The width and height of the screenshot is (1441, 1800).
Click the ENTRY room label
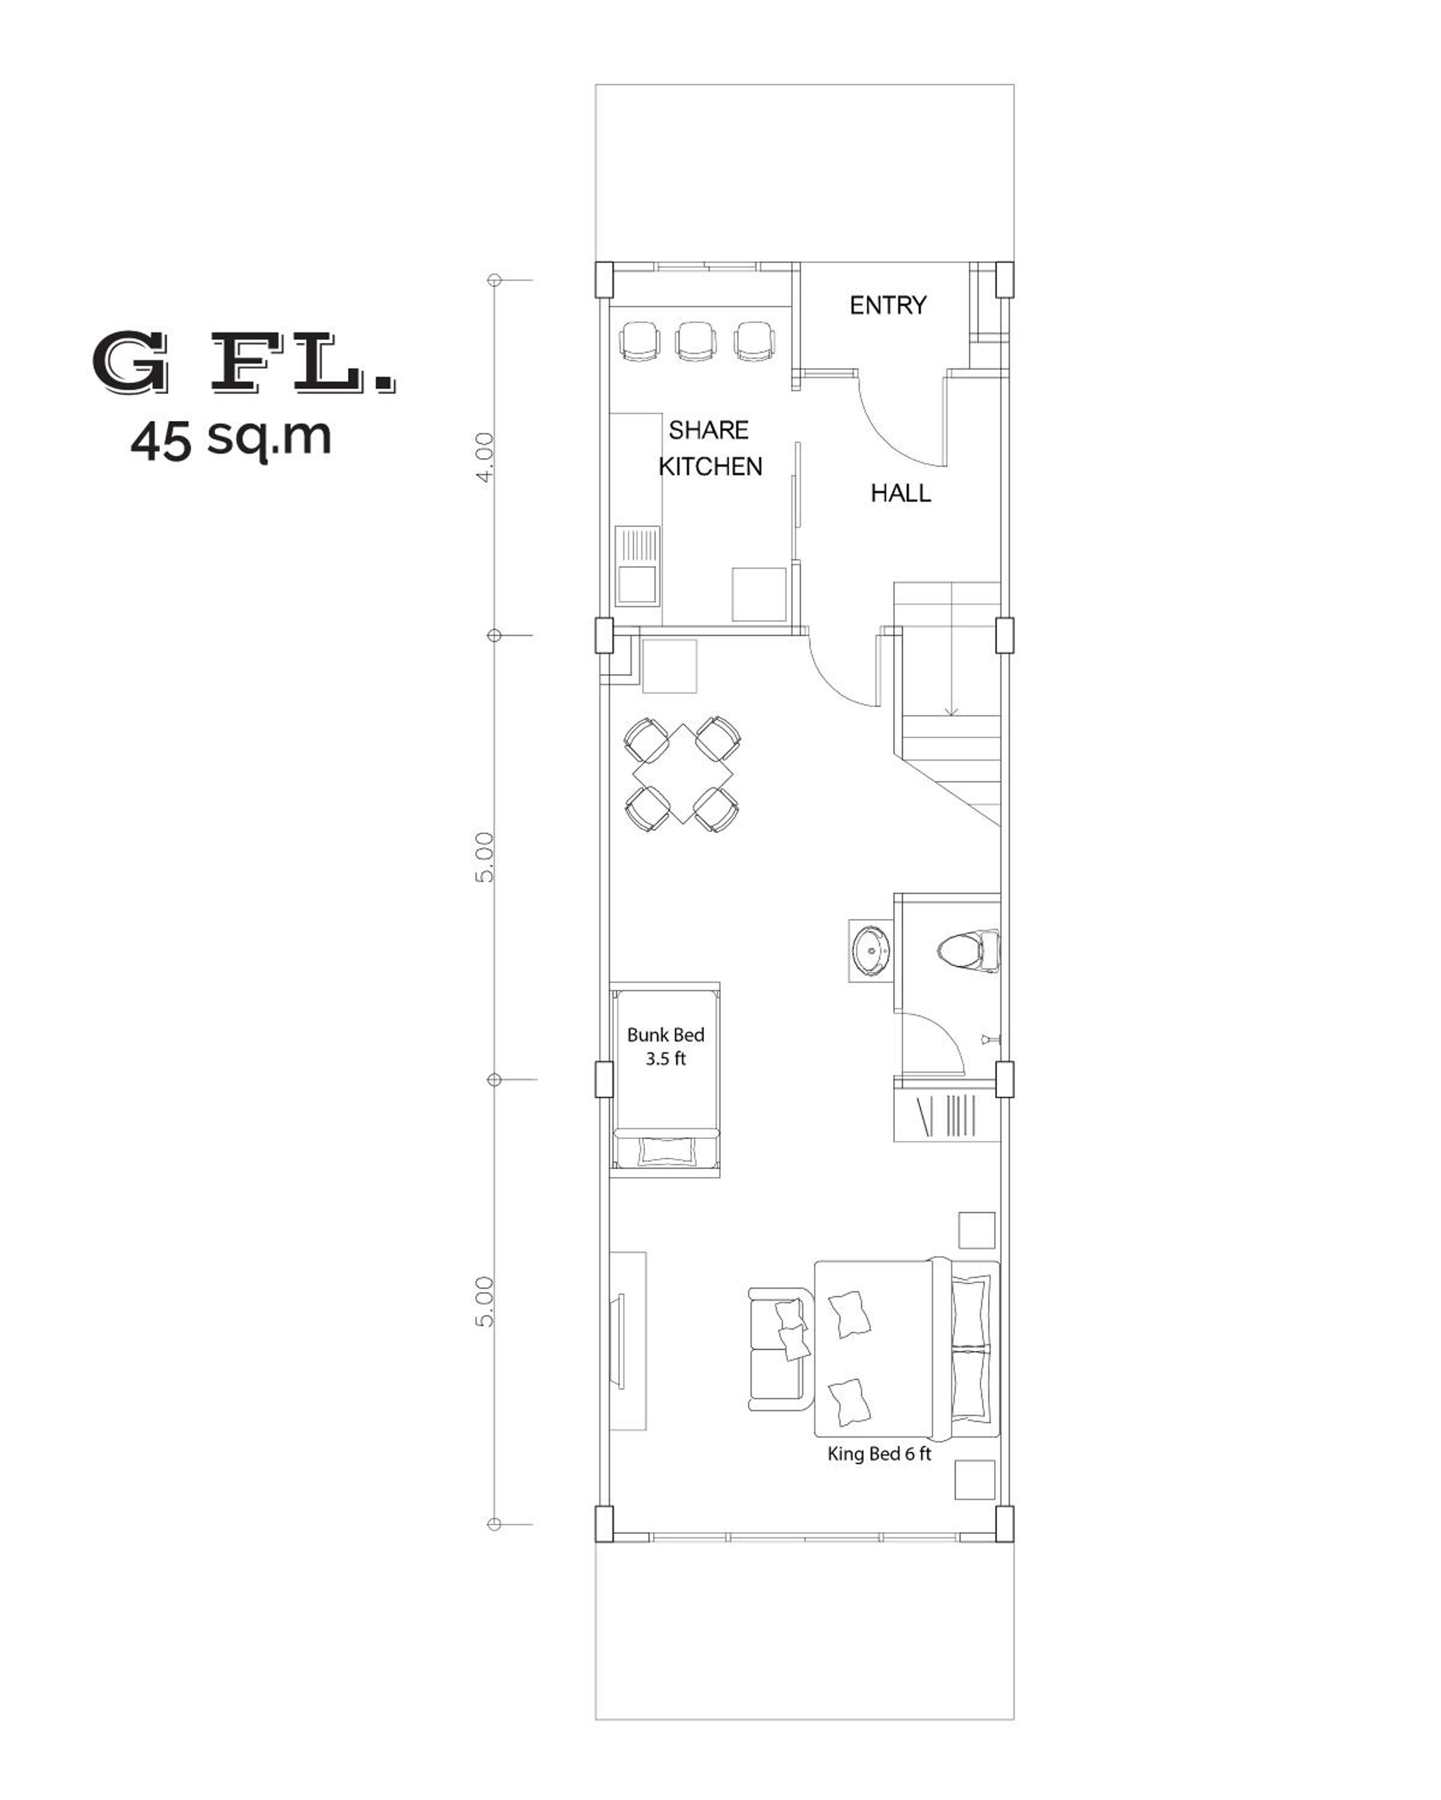tap(887, 305)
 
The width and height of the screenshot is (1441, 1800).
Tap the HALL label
tap(901, 493)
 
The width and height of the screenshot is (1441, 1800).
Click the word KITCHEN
tap(710, 467)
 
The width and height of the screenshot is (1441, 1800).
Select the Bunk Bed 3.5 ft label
tap(666, 1046)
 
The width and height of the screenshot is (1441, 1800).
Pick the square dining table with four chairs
tap(683, 774)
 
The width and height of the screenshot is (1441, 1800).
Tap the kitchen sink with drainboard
tap(638, 565)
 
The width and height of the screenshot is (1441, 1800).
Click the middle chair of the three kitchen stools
tap(696, 341)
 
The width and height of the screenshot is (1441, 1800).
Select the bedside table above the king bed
tap(976, 1231)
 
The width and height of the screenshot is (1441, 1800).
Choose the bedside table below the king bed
tap(976, 1480)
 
